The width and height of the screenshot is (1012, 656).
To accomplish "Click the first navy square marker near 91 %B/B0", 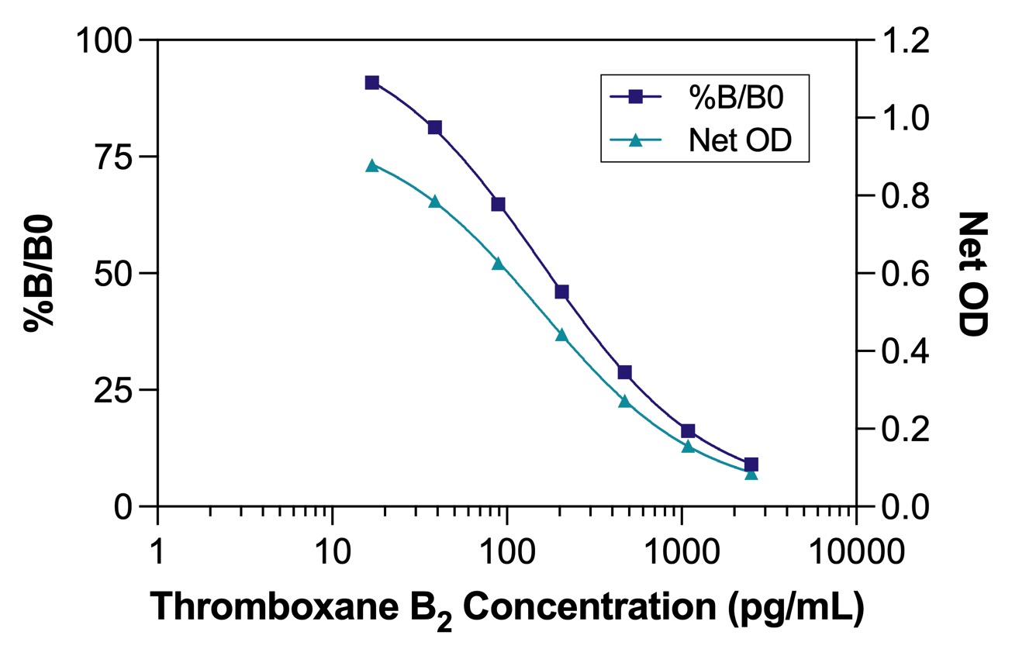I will (372, 83).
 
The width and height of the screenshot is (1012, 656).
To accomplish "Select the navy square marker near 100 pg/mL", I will (499, 205).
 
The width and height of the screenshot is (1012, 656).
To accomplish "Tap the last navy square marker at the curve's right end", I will (751, 464).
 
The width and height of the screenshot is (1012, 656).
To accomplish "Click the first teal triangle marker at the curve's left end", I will (372, 165).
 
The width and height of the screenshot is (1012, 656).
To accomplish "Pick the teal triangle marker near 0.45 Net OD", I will (561, 335).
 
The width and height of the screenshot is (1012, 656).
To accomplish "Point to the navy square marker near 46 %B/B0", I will (561, 292).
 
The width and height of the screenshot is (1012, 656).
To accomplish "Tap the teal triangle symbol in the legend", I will (635, 140).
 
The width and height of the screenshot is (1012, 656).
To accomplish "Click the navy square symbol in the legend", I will (635, 97).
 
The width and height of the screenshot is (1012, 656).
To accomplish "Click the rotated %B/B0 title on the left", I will (39, 273).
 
